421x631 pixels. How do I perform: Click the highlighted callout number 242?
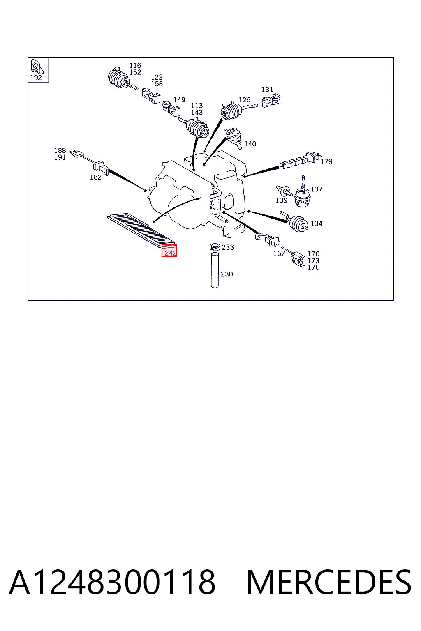click(171, 253)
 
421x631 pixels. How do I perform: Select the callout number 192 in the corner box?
click(36, 78)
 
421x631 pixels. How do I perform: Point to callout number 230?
click(227, 274)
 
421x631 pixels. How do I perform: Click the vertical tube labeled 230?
click(215, 270)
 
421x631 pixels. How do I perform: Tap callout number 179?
click(326, 161)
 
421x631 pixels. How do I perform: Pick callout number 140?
click(250, 144)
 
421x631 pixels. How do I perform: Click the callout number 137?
click(317, 189)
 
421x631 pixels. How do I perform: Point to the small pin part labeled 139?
click(283, 190)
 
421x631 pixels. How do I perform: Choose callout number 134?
click(317, 223)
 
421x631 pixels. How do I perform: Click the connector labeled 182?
click(102, 167)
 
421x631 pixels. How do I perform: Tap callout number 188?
click(60, 150)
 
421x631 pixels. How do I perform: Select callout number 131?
click(267, 89)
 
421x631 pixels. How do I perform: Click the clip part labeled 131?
click(271, 101)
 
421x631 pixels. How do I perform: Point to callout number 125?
click(245, 100)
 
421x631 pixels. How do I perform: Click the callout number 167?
click(279, 253)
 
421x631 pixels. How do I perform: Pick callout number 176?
click(314, 267)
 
